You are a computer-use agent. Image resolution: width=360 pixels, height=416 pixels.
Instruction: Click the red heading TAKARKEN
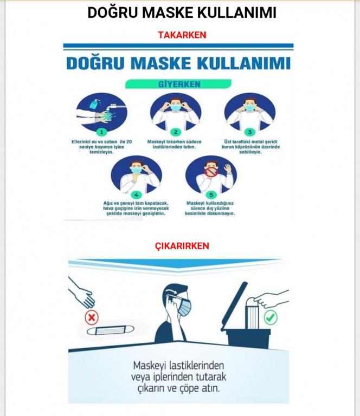(x=182, y=35)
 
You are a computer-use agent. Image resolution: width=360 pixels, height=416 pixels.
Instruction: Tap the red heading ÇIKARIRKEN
(x=182, y=246)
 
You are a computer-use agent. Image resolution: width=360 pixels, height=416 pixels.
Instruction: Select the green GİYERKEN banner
(x=178, y=84)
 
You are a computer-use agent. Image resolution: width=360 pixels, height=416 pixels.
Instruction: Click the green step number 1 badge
(x=101, y=132)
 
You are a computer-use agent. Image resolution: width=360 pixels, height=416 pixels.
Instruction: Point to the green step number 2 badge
(x=176, y=132)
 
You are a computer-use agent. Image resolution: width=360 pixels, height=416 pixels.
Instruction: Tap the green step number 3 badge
(x=249, y=132)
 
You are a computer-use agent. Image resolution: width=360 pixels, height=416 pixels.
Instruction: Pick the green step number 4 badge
(x=136, y=195)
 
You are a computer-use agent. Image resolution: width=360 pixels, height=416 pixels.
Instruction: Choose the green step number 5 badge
(x=211, y=195)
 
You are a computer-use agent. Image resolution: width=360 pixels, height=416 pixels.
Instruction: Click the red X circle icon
(x=92, y=317)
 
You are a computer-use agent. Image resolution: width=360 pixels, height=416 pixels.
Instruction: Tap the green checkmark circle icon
(x=271, y=317)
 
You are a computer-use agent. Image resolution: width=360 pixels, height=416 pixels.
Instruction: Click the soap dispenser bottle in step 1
(x=95, y=104)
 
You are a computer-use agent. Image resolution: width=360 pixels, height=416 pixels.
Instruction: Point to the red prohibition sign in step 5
(x=210, y=171)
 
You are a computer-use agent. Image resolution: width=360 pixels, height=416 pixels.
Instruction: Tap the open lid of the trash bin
(x=234, y=306)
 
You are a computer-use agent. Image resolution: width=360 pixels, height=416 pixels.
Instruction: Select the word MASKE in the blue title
(x=160, y=63)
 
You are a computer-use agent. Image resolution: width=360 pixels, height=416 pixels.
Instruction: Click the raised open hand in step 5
(x=228, y=168)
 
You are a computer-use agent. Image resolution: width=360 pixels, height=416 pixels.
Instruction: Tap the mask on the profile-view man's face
(x=185, y=307)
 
